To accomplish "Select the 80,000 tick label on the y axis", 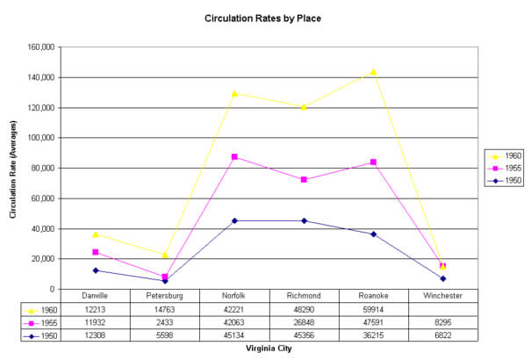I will tap(41, 168).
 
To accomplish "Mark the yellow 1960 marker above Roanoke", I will tap(373, 72).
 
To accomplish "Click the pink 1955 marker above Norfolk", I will tap(233, 156).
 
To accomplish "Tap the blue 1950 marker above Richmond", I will tap(304, 220).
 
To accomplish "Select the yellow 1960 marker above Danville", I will tap(95, 234).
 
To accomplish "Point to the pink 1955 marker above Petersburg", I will tap(164, 277).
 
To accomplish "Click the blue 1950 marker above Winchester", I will tap(443, 278).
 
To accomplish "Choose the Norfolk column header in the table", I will tap(233, 296).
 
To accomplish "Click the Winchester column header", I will tap(443, 296).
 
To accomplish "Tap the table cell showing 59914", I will tap(373, 310).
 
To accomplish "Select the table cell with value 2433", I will tap(164, 323).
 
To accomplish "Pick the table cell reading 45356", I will tap(304, 335).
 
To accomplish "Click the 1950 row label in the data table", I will tap(46, 335).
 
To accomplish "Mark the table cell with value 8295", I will tap(443, 323).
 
